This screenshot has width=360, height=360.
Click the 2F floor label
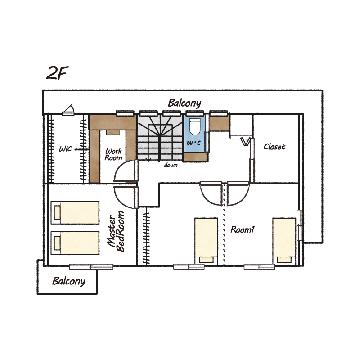click(58, 72)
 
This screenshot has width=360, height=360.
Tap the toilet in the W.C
click(195, 126)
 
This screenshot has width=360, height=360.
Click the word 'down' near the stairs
click(171, 165)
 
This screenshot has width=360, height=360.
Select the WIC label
click(65, 149)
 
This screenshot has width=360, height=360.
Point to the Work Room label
click(114, 154)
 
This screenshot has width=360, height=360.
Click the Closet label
click(274, 147)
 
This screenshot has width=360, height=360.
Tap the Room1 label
click(243, 229)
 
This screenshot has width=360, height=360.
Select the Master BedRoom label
click(116, 231)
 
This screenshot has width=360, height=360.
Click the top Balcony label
click(184, 103)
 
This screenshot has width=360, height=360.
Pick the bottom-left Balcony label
click(69, 281)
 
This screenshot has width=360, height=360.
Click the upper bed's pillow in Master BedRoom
click(57, 212)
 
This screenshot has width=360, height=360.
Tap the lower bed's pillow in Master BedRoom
click(57, 243)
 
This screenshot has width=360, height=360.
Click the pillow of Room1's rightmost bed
click(284, 260)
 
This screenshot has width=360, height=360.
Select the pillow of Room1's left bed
click(206, 260)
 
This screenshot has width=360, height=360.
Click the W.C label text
click(194, 143)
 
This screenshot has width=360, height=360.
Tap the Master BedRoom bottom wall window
click(91, 266)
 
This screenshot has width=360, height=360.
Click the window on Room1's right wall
click(300, 225)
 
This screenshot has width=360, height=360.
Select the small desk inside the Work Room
click(113, 132)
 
